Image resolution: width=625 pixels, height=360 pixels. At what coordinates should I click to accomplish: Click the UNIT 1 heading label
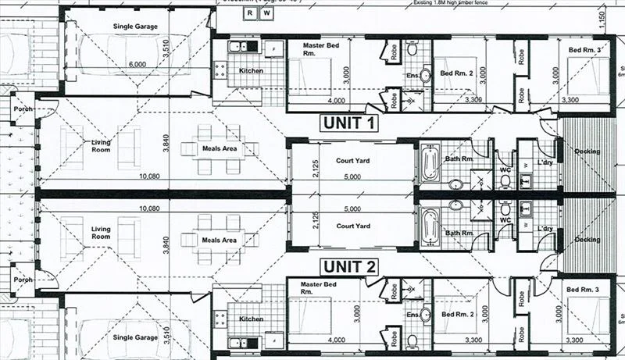coord(349,123)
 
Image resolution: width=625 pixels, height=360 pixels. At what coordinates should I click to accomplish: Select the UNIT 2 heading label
coord(349,266)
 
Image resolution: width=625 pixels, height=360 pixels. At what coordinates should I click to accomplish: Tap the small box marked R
coord(249,13)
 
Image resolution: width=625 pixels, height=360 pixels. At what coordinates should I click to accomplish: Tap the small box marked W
coord(266,13)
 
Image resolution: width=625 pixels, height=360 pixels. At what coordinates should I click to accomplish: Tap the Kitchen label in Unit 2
coord(252,319)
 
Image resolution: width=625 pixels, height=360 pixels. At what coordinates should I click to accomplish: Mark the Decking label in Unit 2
coord(587,240)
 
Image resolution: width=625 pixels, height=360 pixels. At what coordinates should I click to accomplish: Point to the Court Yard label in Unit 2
coord(352,226)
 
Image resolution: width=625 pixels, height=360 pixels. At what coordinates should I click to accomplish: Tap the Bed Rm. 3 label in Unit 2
coord(584,290)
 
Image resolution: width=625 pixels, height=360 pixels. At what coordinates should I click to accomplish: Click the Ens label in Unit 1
coord(412,76)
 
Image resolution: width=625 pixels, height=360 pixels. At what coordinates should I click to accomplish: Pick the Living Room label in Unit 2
coord(101,232)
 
